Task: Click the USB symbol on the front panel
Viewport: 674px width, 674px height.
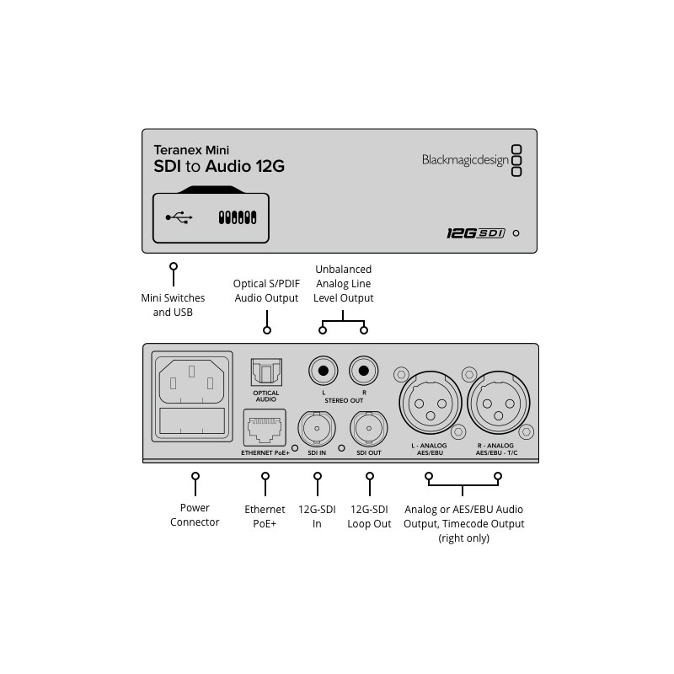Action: pyautogui.click(x=179, y=217)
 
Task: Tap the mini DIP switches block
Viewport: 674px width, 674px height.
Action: pyautogui.click(x=237, y=217)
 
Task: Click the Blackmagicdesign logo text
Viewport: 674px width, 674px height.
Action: pyautogui.click(x=465, y=160)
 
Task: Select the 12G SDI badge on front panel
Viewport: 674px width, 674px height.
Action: pyautogui.click(x=475, y=233)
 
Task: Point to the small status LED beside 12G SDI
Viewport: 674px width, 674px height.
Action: pyautogui.click(x=516, y=233)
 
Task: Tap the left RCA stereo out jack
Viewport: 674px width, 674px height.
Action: pyautogui.click(x=323, y=370)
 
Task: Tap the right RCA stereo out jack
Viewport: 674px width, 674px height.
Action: pyautogui.click(x=364, y=370)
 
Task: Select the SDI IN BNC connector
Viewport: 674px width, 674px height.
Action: pyautogui.click(x=318, y=428)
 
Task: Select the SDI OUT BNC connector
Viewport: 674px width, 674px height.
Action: pyautogui.click(x=368, y=428)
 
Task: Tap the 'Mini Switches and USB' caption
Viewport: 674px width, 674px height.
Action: pyautogui.click(x=173, y=305)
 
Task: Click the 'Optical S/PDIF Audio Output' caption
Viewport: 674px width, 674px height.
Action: pyautogui.click(x=266, y=291)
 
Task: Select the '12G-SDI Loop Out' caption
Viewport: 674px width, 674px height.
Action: pyautogui.click(x=369, y=516)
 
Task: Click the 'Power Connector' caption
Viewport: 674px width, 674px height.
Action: pyautogui.click(x=195, y=515)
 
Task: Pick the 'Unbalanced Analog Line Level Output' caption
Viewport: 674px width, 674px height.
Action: pyautogui.click(x=343, y=284)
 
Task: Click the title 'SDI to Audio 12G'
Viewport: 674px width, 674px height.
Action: pyautogui.click(x=218, y=166)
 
